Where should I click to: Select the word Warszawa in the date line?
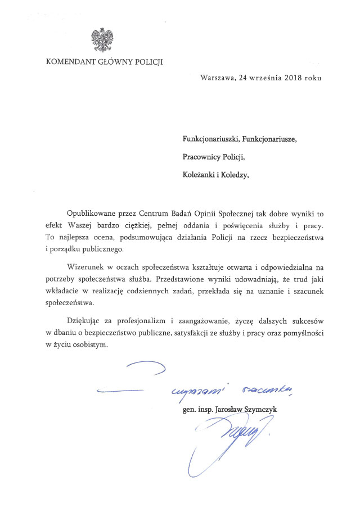(x=217, y=78)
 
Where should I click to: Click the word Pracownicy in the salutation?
(x=201, y=156)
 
